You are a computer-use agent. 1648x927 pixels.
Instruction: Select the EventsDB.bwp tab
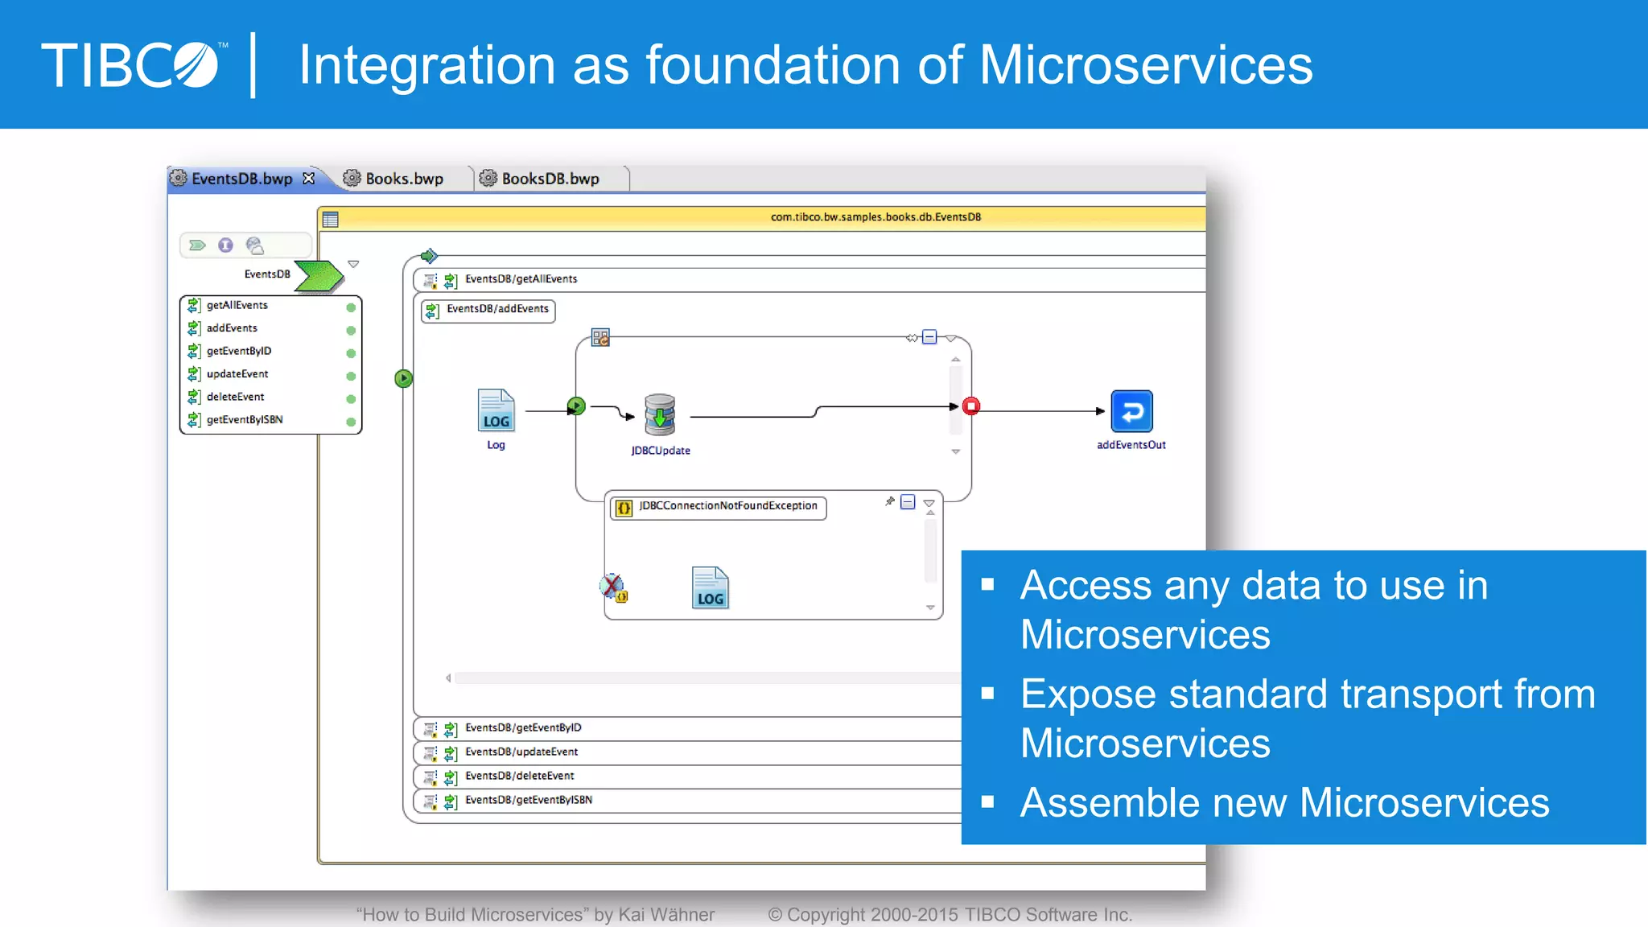coord(241,179)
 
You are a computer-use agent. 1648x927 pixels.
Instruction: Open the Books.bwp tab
coord(403,179)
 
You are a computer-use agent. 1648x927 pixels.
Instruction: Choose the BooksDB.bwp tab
coord(550,179)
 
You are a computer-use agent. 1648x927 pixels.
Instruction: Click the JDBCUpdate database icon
coord(660,414)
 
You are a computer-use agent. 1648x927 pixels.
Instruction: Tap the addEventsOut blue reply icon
coord(1131,411)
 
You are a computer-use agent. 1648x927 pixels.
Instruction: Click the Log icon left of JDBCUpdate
coord(496,410)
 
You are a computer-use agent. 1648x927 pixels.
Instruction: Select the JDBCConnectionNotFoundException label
coord(727,506)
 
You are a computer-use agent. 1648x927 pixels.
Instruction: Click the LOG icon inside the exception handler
coord(710,588)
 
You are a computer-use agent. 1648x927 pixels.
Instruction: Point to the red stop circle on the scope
coord(971,406)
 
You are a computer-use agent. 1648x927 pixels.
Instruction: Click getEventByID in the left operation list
coord(238,351)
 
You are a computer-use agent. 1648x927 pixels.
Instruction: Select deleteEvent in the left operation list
coord(235,397)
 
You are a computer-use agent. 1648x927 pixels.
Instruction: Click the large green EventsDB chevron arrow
coord(319,276)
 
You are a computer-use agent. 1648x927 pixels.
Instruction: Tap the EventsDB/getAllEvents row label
coord(521,279)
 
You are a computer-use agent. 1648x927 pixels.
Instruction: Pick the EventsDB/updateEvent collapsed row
coord(521,752)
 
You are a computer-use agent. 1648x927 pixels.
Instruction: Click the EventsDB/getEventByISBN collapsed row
coord(528,800)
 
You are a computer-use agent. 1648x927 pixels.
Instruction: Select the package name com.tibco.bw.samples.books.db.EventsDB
coord(875,217)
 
